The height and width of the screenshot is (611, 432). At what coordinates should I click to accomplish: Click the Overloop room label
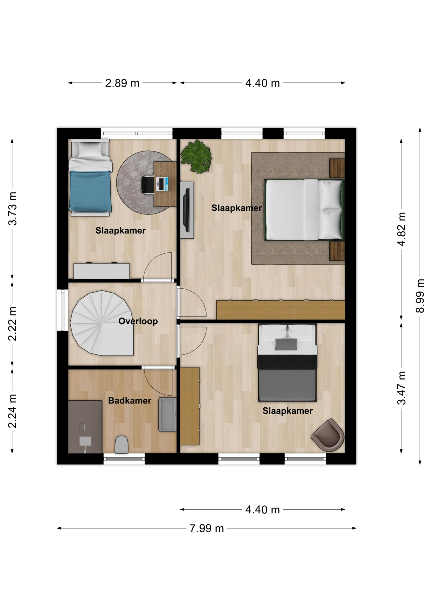(x=138, y=321)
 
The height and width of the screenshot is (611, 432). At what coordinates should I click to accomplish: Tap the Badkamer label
(x=129, y=401)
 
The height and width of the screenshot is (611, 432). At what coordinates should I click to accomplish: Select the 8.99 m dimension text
(x=420, y=296)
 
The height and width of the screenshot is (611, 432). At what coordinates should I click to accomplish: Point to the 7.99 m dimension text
(x=207, y=529)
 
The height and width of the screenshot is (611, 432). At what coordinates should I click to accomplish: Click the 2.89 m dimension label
(x=122, y=83)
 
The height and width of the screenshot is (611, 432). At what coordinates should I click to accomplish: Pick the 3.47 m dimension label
(x=401, y=388)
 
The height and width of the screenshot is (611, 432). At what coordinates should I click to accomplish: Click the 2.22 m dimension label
(x=12, y=324)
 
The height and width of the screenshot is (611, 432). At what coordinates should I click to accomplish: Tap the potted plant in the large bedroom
(x=196, y=156)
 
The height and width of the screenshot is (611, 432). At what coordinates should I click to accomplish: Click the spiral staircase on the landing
(x=101, y=323)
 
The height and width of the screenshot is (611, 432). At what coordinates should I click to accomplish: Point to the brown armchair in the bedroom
(x=328, y=435)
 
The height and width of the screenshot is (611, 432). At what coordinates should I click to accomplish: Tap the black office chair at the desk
(x=147, y=185)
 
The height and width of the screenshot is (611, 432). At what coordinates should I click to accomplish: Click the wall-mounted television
(x=187, y=210)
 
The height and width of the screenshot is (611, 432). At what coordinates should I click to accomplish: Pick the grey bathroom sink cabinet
(x=168, y=415)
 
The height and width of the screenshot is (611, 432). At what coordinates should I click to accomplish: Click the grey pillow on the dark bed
(x=286, y=344)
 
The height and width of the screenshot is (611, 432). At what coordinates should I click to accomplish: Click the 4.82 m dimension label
(x=401, y=229)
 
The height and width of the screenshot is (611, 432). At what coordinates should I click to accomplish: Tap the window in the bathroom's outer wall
(x=124, y=459)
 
